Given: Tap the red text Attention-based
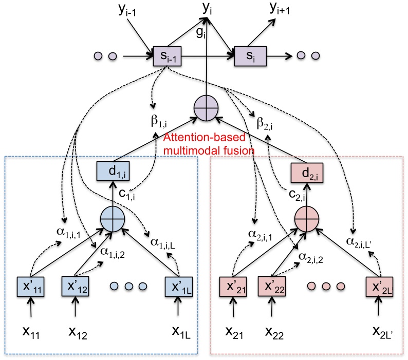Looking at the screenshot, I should click(192, 139).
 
